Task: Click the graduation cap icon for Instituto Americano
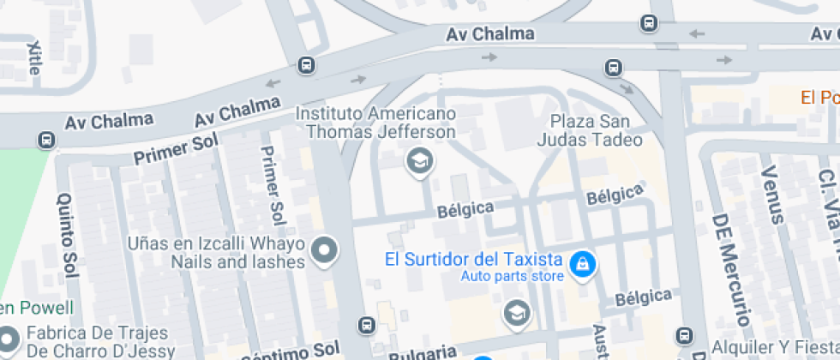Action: pyautogui.click(x=419, y=160)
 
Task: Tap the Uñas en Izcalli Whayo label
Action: pyautogui.click(x=229, y=252)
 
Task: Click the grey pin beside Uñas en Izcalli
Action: pyautogui.click(x=325, y=251)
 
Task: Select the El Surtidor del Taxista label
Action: pyautogui.click(x=472, y=259)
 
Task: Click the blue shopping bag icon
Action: pyautogui.click(x=583, y=265)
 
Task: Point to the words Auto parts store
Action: pyautogui.click(x=513, y=276)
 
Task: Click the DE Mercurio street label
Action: pyautogui.click(x=731, y=269)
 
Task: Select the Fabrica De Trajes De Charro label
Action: pyautogui.click(x=100, y=342)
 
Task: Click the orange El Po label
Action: pyautogui.click(x=819, y=97)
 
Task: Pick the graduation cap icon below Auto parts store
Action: pyautogui.click(x=516, y=313)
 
